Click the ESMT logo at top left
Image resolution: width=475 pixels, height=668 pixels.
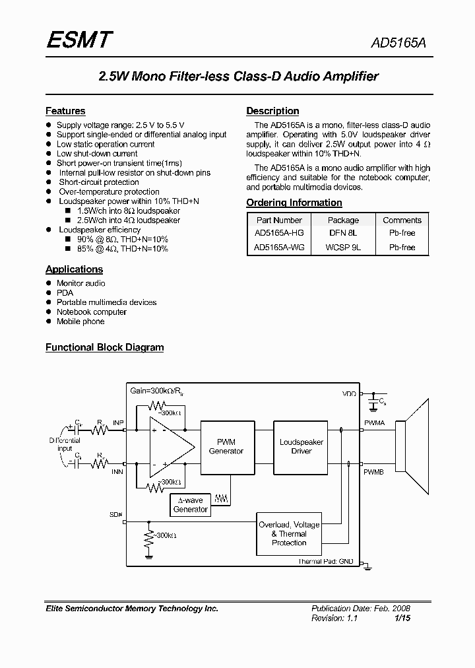(79, 41)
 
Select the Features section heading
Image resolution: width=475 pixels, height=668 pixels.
(65, 111)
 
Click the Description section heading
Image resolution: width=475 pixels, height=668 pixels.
(272, 111)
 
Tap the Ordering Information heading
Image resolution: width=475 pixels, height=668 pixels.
(294, 203)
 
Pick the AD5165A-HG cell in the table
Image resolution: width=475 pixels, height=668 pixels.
(279, 233)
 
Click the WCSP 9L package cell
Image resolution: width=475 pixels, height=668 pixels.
(343, 248)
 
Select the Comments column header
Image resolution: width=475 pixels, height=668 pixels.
(402, 220)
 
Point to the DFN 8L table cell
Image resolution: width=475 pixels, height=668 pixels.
(343, 233)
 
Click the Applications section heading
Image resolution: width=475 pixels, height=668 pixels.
(74, 269)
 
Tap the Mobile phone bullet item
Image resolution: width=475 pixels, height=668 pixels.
(80, 321)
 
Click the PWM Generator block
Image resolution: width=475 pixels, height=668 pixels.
(226, 447)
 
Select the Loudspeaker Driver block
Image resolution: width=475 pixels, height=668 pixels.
(301, 447)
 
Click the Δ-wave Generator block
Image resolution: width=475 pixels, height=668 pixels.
(191, 505)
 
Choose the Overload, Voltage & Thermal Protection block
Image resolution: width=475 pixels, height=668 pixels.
(289, 533)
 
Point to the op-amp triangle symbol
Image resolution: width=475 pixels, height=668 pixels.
(171, 447)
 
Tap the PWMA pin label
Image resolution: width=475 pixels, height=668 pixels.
(373, 422)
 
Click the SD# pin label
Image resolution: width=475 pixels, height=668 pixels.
(116, 514)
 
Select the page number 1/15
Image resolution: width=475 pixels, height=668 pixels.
(402, 618)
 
